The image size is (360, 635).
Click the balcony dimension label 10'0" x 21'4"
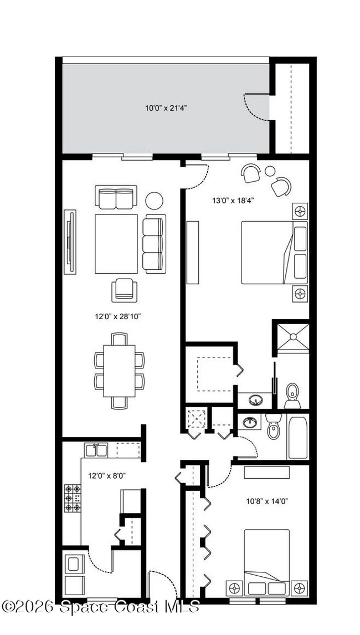point(166,108)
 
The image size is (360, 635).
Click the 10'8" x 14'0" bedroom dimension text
point(267,501)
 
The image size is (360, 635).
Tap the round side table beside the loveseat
point(155,200)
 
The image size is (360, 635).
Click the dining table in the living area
point(119,370)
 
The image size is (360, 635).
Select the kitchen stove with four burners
point(73,498)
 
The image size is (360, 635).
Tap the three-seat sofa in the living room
point(153,243)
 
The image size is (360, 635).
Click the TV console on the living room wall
point(70,242)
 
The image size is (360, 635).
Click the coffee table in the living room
point(116,244)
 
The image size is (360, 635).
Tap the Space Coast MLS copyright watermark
point(100,607)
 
